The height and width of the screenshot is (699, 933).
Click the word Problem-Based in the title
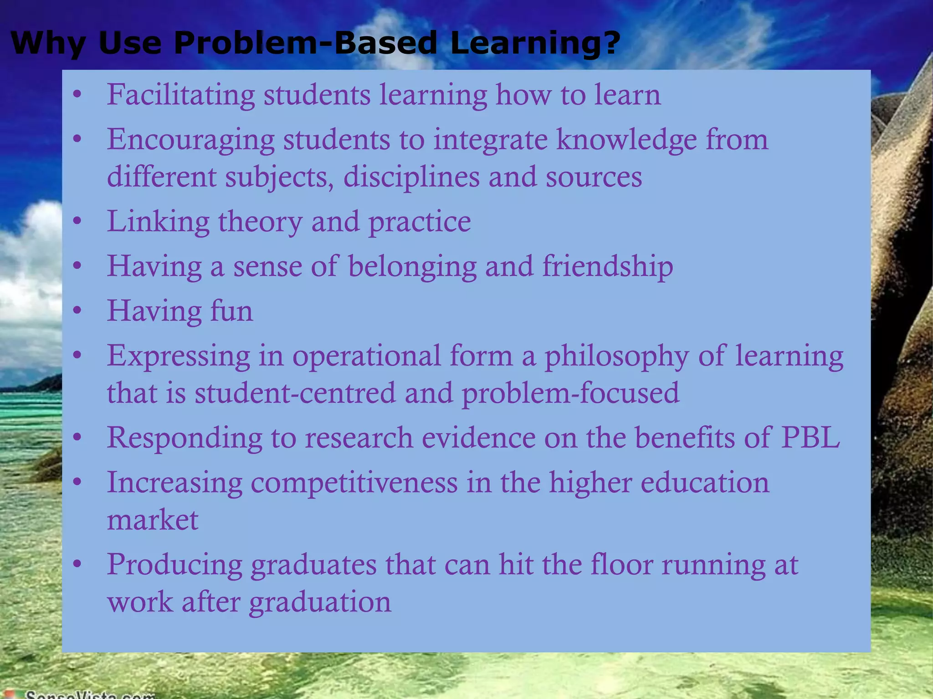305,43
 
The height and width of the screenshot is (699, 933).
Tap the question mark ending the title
610,43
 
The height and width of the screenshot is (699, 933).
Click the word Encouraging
190,140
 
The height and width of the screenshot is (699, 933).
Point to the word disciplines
411,177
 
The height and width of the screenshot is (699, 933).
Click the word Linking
158,222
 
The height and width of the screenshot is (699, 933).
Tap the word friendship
607,267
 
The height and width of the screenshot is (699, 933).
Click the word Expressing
179,356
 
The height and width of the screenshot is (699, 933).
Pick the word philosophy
616,356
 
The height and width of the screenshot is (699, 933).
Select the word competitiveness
354,482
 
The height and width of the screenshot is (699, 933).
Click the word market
153,520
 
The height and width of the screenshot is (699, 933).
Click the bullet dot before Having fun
77,311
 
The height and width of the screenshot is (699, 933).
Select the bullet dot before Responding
77,438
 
